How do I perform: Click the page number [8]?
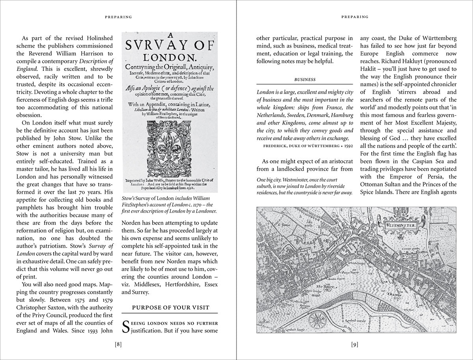pyautogui.click(x=118, y=345)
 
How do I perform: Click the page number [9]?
pyautogui.click(x=355, y=345)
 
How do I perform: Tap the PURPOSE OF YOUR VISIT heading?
pyautogui.click(x=170, y=308)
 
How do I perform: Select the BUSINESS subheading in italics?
pyautogui.click(x=305, y=79)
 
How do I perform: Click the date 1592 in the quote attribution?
pyautogui.click(x=348, y=145)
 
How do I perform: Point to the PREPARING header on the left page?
pyautogui.click(x=118, y=17)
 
